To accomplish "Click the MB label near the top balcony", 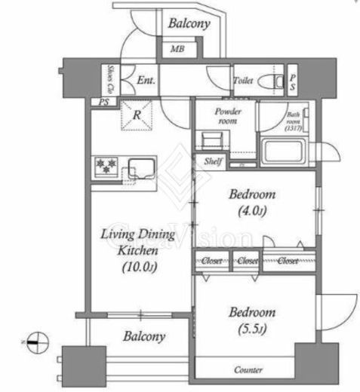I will [x=176, y=50].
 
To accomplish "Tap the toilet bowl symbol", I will [x=266, y=81].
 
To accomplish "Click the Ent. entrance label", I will [x=145, y=80].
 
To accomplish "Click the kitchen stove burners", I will [x=103, y=165].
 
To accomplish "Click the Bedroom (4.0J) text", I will [x=251, y=201].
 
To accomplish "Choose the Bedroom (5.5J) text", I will [x=253, y=319].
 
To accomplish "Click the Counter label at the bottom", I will [x=248, y=370].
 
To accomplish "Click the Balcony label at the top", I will [x=189, y=24].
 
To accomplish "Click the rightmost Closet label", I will [x=287, y=261].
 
